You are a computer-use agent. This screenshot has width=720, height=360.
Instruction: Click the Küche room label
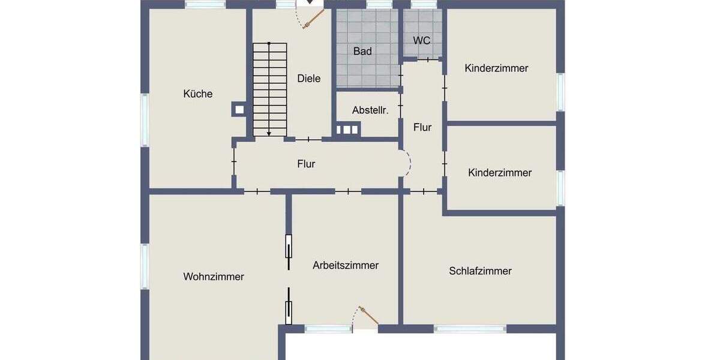(x=198, y=94)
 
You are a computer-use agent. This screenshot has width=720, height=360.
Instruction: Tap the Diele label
(x=309, y=79)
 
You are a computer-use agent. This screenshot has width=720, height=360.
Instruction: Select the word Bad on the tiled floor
(x=362, y=52)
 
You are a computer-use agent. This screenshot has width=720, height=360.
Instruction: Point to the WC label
(x=422, y=41)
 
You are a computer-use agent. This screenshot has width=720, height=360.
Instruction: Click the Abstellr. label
(x=370, y=110)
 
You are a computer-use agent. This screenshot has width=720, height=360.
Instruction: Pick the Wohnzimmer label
(x=214, y=277)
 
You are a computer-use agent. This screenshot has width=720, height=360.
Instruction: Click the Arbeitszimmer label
(x=346, y=265)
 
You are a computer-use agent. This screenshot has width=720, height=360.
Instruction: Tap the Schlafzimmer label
(x=480, y=271)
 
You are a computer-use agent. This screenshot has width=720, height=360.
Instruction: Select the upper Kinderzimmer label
(x=496, y=68)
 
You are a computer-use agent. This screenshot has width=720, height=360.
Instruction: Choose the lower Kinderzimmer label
(x=500, y=173)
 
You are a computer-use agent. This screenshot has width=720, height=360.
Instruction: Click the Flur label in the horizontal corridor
(x=306, y=164)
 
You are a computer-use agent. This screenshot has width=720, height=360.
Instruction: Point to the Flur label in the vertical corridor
(x=422, y=127)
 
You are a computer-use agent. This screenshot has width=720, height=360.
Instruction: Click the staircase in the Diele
(x=269, y=89)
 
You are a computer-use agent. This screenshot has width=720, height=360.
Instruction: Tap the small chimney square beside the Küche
(x=239, y=109)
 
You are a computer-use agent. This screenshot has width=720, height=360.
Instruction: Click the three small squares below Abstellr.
(x=347, y=129)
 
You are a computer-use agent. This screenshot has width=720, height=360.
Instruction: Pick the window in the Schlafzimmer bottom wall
(x=470, y=329)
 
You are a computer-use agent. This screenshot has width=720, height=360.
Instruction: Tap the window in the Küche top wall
(x=205, y=4)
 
